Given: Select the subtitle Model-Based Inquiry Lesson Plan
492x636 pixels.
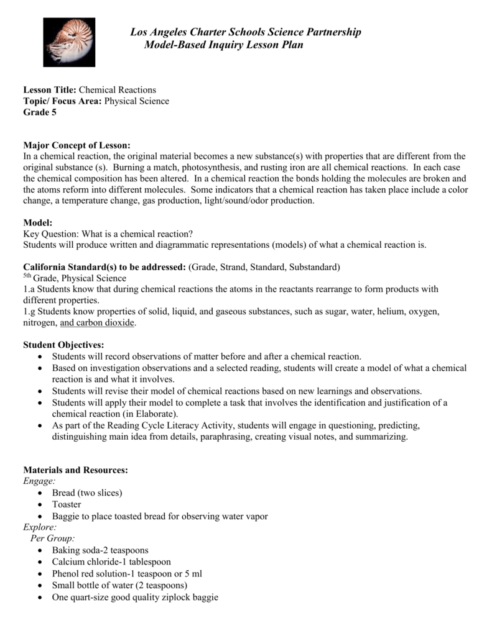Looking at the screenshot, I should pyautogui.click(x=223, y=45).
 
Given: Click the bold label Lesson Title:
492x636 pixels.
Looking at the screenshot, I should pyautogui.click(x=49, y=90).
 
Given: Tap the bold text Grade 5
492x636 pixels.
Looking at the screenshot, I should pyautogui.click(x=39, y=112).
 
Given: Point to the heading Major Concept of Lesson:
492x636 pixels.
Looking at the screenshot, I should pyautogui.click(x=77, y=145).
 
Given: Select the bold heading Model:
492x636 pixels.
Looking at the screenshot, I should pyautogui.click(x=37, y=222).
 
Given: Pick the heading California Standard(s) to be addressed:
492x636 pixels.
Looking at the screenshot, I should pyautogui.click(x=104, y=267).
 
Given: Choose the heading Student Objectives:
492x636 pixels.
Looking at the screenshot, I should pyautogui.click(x=63, y=345).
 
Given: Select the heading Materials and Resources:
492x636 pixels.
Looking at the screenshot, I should pyautogui.click(x=75, y=470).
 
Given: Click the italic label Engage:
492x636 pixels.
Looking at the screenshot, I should pyautogui.click(x=39, y=481).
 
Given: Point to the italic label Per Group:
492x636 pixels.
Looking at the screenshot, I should pyautogui.click(x=53, y=538).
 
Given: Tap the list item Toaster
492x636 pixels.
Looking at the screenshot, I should pyautogui.click(x=67, y=504).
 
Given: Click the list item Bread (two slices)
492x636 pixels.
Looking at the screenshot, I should pyautogui.click(x=87, y=493).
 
